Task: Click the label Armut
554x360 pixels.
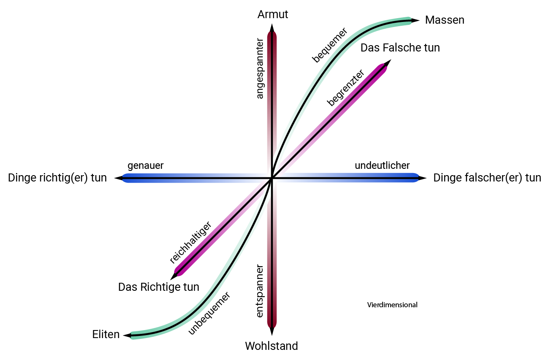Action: pos(272,14)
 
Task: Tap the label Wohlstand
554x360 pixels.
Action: pos(272,346)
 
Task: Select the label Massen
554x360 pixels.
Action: pos(445,20)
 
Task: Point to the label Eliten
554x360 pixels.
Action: pos(106,335)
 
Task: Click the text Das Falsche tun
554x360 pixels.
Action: pos(400,48)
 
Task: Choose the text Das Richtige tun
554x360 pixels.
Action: pos(158,287)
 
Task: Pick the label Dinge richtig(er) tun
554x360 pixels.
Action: pos(57,178)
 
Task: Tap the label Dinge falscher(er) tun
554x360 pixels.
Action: pos(487,178)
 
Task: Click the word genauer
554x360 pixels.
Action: pos(145,166)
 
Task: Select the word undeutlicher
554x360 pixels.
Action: pos(382,165)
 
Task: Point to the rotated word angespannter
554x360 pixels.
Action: pos(260,69)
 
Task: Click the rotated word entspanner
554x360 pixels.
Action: pos(260,291)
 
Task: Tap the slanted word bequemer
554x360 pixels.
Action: pos(329,45)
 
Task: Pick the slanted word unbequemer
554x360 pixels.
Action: pos(209,313)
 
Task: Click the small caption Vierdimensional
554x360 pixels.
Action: pos(392,305)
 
